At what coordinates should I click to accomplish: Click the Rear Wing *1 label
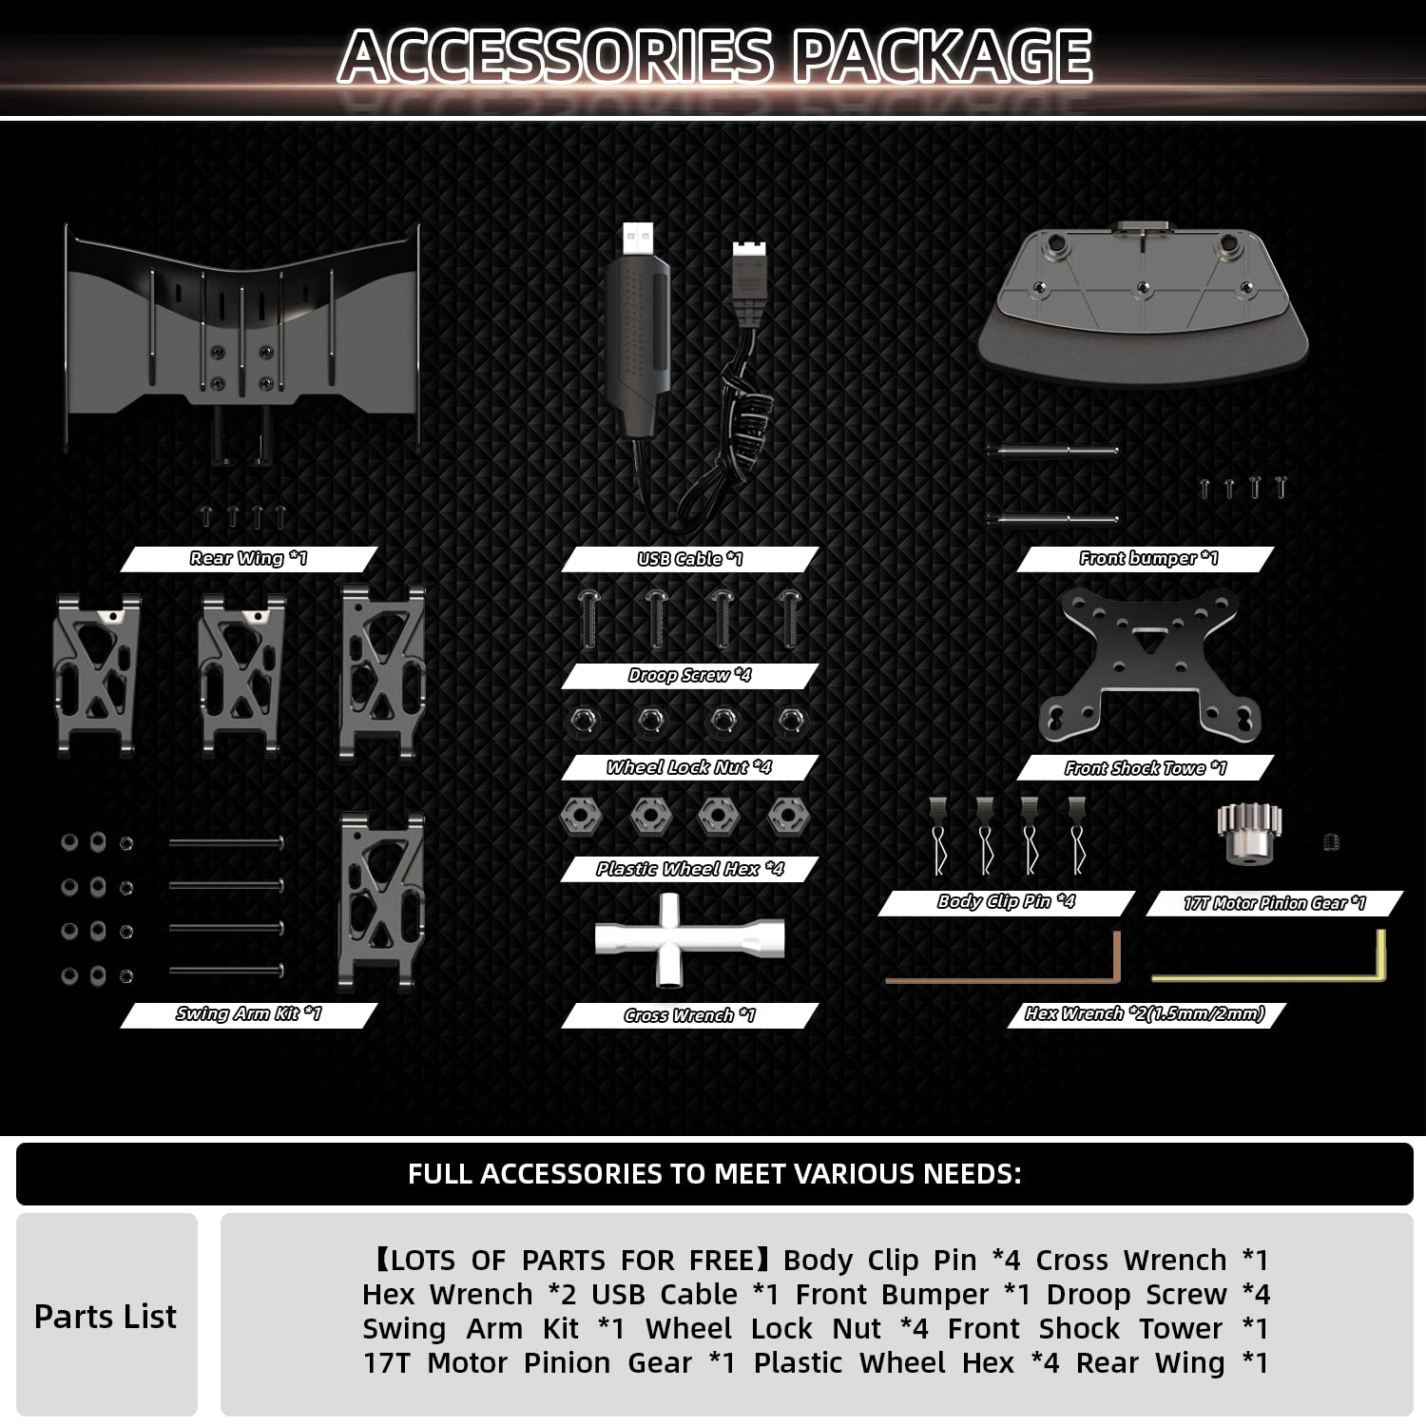248,558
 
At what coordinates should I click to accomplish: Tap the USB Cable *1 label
689,559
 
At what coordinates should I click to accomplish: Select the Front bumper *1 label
1147,558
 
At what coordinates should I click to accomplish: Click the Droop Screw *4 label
689,675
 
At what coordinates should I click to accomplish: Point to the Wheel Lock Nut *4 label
689,767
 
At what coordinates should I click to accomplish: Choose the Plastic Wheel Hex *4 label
689,869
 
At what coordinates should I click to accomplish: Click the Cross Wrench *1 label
689,1015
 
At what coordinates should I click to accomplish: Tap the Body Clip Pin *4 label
1006,901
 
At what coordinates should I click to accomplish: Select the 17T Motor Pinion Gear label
1274,903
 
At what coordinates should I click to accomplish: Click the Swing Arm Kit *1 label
248,1014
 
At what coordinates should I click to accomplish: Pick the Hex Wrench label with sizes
1145,1014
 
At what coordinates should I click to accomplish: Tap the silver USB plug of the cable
638,239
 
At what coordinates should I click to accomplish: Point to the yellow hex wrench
1269,975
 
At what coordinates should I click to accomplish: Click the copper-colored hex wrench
1003,977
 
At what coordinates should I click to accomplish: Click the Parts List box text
106,1317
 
